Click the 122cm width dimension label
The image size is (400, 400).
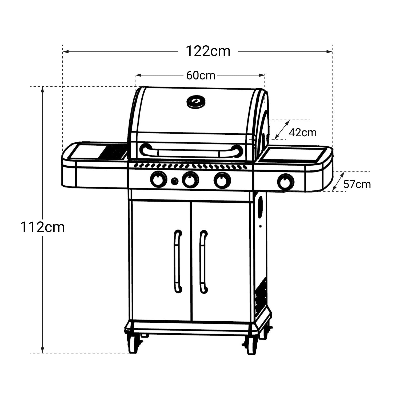(208, 51)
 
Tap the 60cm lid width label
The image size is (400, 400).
(201, 75)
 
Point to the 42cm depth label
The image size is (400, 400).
(303, 132)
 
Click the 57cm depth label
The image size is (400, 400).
(357, 184)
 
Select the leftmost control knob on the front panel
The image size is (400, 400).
(158, 179)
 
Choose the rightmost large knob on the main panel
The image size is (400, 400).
(222, 180)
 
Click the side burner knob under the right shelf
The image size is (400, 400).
(286, 182)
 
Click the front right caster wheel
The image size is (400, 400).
(251, 345)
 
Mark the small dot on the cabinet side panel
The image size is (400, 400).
(260, 226)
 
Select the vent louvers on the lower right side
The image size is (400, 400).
(261, 293)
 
